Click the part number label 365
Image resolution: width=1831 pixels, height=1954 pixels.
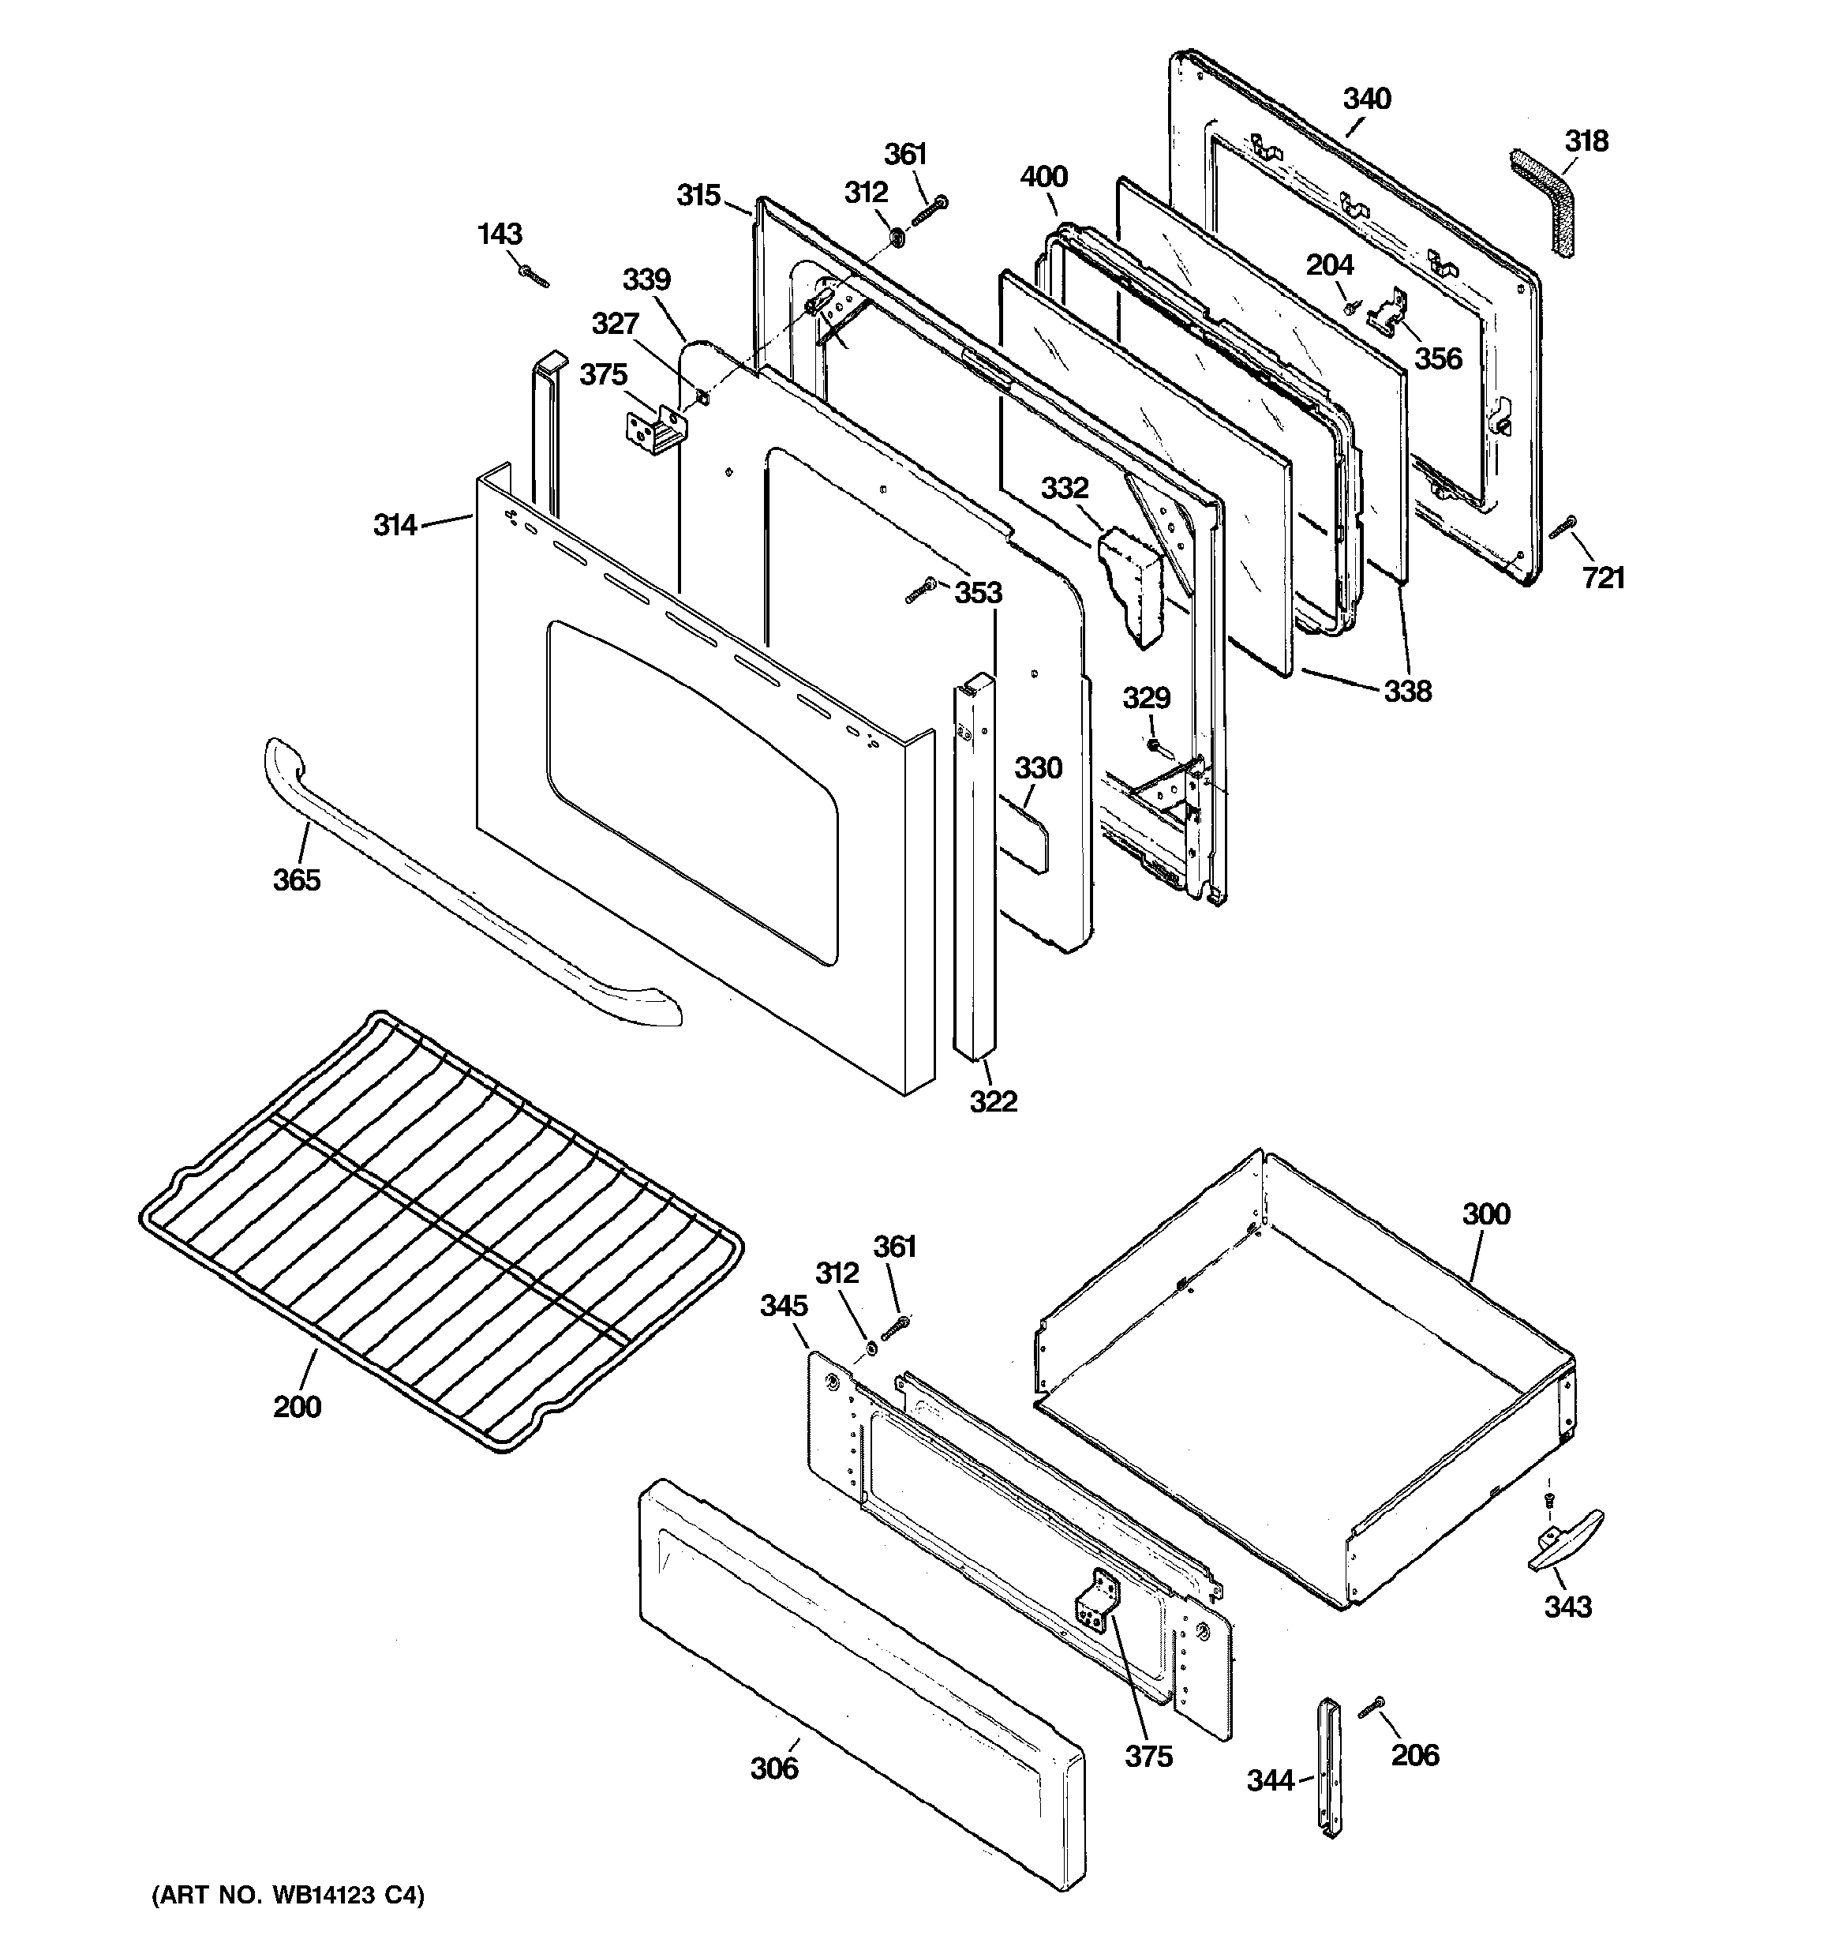296,879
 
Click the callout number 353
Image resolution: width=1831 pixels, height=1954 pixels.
978,593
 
